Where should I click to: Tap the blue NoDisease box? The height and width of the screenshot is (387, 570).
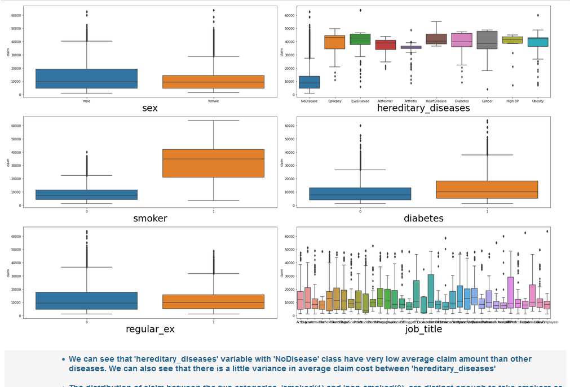tap(309, 82)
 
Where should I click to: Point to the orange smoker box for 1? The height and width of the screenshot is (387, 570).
tap(213, 163)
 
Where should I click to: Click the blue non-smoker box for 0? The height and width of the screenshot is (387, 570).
tap(86, 195)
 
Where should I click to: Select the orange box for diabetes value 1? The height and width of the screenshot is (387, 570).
tap(487, 190)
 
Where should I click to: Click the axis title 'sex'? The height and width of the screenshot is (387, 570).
tap(149, 108)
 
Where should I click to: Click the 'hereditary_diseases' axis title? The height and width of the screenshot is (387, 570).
tap(423, 108)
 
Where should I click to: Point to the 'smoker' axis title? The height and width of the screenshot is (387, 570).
tap(149, 219)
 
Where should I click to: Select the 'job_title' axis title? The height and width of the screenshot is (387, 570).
tap(423, 329)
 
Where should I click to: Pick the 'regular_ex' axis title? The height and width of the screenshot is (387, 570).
tap(149, 329)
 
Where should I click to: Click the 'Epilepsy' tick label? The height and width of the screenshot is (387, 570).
tap(334, 101)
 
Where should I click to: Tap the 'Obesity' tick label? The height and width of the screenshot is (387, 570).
tap(538, 101)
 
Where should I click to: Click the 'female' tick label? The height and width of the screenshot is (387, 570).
tap(213, 101)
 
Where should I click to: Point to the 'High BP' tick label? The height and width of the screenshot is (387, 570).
tap(512, 101)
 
